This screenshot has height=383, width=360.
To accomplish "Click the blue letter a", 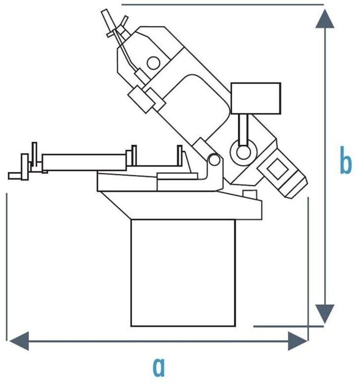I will coord(159,368).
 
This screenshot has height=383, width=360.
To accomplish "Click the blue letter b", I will coord(345,163).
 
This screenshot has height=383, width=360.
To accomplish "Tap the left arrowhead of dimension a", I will coord(18,341).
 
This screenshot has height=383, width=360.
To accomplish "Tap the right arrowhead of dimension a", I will coord(298,341).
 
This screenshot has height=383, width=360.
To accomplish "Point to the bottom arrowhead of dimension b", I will coord(325,314).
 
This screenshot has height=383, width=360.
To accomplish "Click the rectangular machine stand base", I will coord(183,273).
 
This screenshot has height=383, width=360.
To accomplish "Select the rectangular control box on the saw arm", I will coord(256,98).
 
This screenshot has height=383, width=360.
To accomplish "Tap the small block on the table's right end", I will coord(249,193).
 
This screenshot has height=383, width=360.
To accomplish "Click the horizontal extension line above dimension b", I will coord(223,4).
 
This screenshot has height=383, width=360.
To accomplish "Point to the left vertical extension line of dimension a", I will coord(7,263).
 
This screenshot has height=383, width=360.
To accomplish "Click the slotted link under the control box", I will coord(243,130).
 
